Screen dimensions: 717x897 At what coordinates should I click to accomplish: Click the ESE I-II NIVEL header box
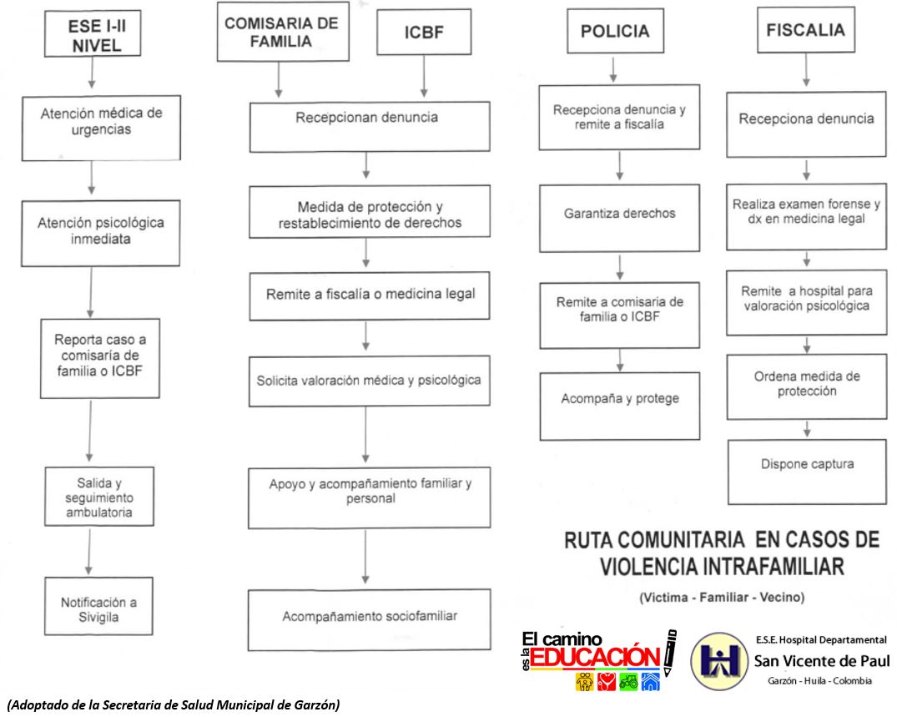(94, 35)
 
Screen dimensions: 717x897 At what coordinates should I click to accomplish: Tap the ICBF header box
(424, 36)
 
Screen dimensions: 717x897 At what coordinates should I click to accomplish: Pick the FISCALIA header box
(805, 30)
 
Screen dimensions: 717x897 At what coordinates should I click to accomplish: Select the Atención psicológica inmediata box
(90, 231)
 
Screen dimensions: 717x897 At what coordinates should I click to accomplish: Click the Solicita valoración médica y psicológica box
(368, 381)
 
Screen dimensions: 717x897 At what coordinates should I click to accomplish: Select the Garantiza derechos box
(619, 214)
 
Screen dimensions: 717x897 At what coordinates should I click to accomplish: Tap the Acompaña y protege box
(619, 399)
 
